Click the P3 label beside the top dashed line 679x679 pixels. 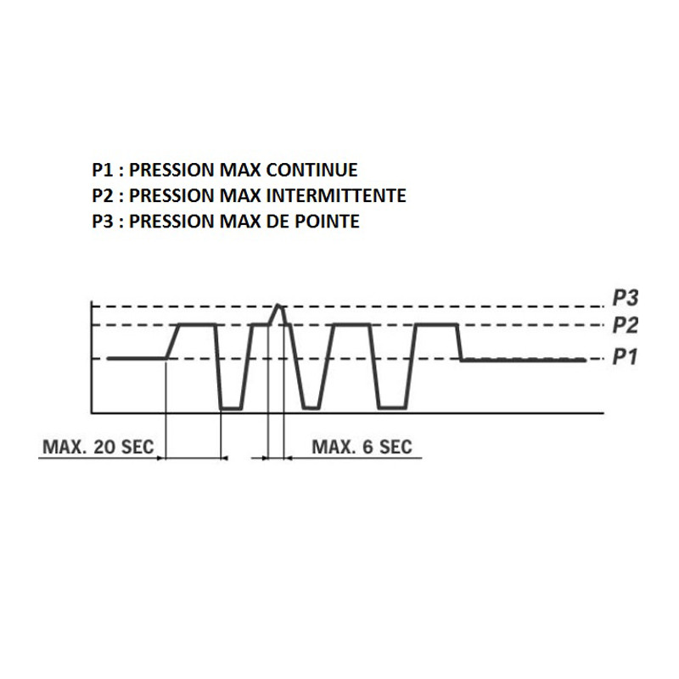625,298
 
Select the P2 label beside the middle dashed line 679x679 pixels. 625,325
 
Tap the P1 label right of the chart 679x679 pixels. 625,357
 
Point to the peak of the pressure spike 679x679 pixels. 278,306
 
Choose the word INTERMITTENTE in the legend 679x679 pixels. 336,195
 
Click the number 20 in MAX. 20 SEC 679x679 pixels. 104,447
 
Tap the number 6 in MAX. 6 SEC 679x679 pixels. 368,447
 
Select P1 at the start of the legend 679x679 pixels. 102,170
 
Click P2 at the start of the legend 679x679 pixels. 102,195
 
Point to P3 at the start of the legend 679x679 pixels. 102,222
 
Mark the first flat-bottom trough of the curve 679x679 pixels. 231,408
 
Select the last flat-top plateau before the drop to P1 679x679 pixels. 436,324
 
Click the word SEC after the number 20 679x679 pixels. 137,447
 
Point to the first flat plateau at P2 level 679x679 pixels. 198,324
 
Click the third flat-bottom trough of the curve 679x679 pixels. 392,407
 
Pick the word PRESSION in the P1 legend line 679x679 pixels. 171,170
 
